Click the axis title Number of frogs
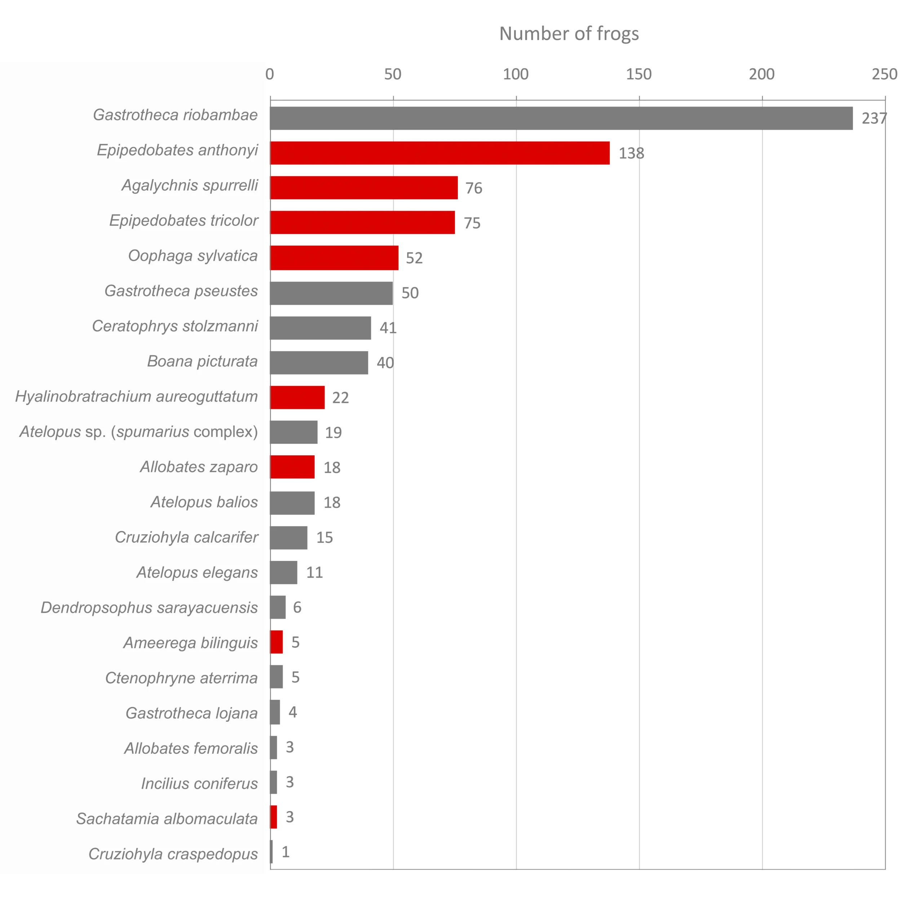(x=569, y=34)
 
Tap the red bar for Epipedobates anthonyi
(x=440, y=153)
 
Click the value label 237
(x=874, y=118)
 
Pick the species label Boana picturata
(x=202, y=361)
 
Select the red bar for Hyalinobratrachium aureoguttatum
(x=297, y=397)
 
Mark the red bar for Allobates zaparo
(x=292, y=467)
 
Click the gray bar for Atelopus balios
(x=292, y=503)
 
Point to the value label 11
(x=315, y=572)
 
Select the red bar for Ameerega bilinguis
(x=277, y=642)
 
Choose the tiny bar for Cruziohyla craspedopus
(x=271, y=852)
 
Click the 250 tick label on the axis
(x=884, y=74)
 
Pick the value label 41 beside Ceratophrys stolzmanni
(x=388, y=328)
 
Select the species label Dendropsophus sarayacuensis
(x=149, y=607)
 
